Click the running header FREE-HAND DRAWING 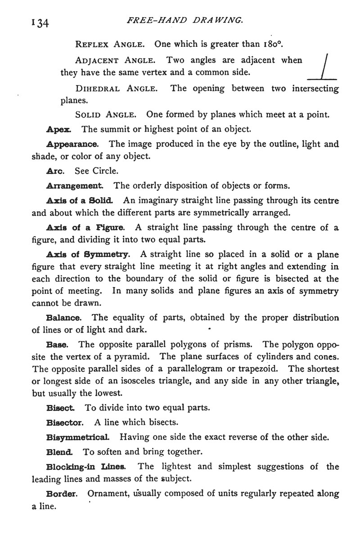coord(186,20)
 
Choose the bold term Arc coord(55,171)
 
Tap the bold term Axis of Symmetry coord(88,254)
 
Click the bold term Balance coord(64,318)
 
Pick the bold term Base coord(57,345)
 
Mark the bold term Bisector coord(65,423)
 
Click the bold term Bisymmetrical coord(77,437)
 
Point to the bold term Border coord(63,493)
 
